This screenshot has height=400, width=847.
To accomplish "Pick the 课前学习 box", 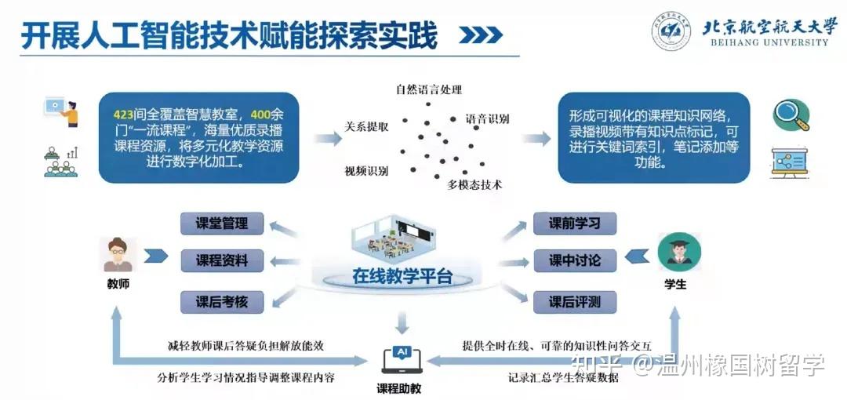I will [x=574, y=224].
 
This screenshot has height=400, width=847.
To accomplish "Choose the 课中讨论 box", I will [x=574, y=261].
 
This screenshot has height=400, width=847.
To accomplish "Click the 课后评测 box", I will [x=574, y=301].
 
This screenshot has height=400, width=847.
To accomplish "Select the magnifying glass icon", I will [x=791, y=115].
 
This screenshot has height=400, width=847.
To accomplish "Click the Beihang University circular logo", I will [x=671, y=31].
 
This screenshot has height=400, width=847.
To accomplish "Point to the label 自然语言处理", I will [x=429, y=90].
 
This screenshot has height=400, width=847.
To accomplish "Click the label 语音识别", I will [x=487, y=120].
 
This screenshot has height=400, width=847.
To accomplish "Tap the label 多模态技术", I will [x=474, y=185].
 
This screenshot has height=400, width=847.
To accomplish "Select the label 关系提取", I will [x=366, y=127].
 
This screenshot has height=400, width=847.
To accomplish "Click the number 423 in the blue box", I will [x=125, y=115].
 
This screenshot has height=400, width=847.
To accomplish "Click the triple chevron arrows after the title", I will [x=480, y=36].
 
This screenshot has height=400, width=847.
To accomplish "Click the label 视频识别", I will [x=366, y=170].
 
